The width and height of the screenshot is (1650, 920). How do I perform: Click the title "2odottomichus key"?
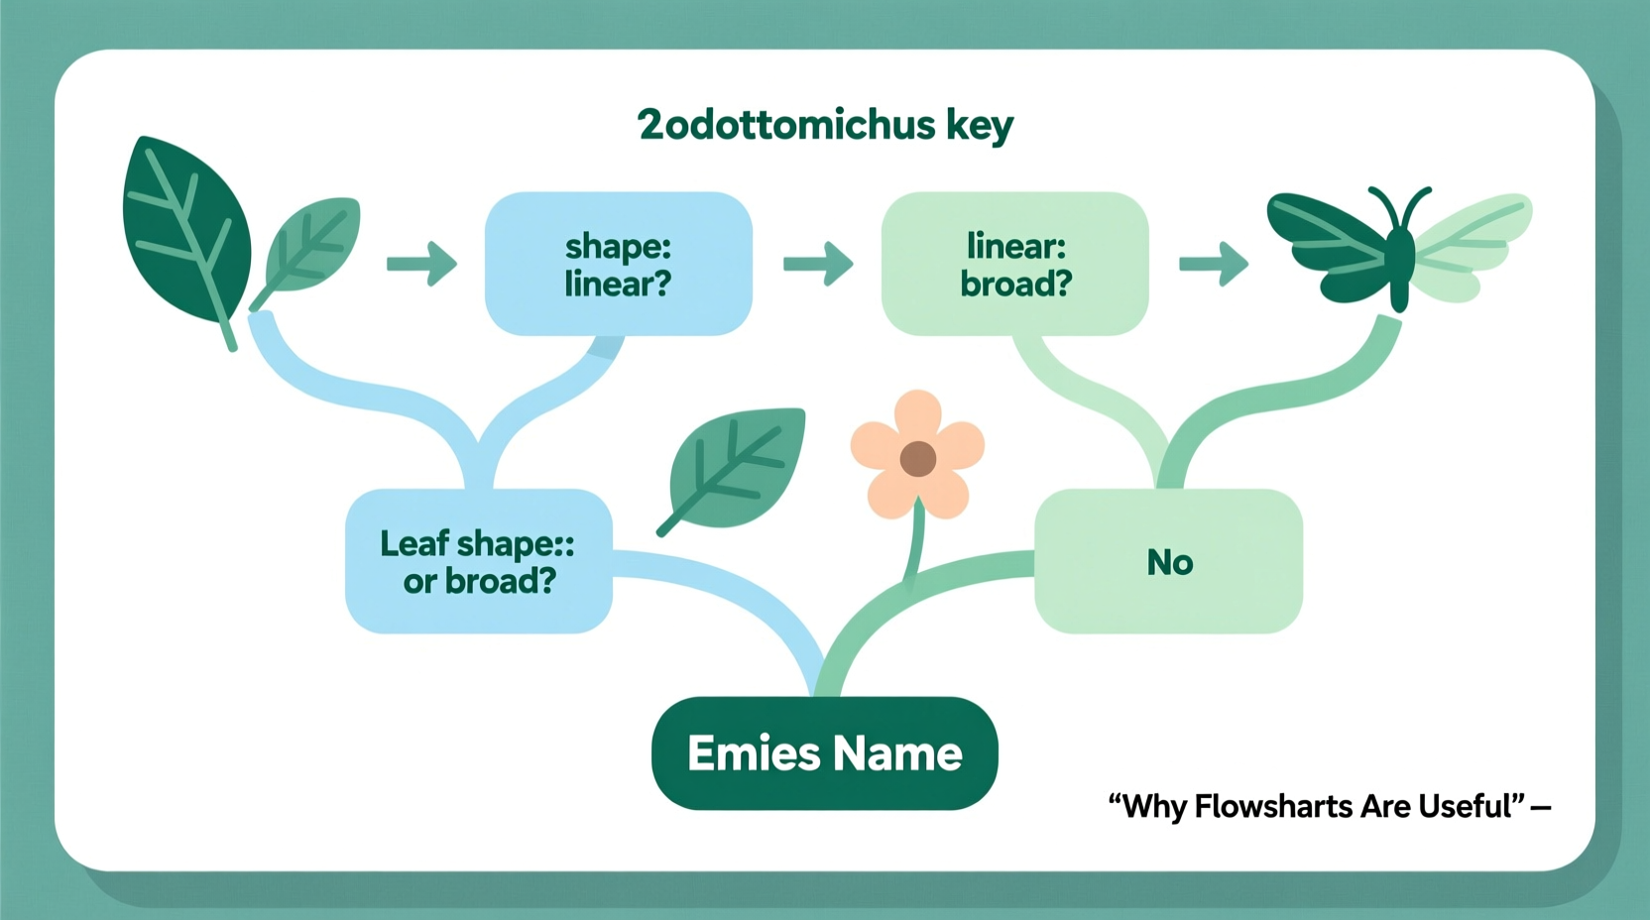(825, 125)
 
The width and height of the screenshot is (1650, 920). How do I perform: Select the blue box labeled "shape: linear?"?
(618, 264)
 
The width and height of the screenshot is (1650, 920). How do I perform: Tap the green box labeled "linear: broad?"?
(1014, 264)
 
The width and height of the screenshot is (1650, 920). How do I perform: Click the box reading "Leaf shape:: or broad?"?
(478, 561)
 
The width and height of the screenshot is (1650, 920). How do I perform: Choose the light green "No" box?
(1168, 561)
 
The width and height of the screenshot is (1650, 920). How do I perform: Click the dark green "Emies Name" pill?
(824, 753)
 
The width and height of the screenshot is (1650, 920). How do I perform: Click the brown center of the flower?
(918, 458)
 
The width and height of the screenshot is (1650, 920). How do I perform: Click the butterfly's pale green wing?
(1473, 238)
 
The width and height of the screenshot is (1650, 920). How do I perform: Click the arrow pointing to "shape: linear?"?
(421, 264)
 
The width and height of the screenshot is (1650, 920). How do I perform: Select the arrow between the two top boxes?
(818, 264)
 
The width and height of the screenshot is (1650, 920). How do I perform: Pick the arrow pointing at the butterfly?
(1214, 264)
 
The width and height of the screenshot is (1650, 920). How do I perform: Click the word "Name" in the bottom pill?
(897, 753)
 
